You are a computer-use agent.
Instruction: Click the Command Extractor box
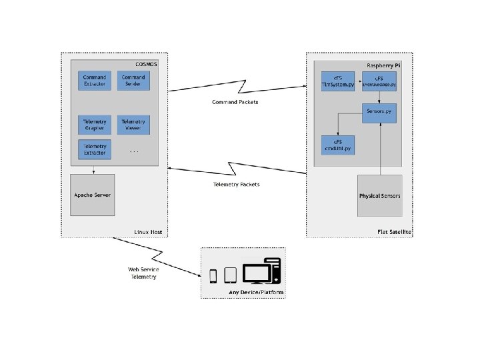95,81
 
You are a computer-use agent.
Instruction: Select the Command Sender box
133,81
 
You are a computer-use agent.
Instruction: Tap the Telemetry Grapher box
95,125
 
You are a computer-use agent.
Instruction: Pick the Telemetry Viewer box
133,125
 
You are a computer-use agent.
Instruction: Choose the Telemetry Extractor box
95,149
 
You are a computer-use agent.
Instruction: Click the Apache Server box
93,195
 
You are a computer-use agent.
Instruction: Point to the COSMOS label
146,63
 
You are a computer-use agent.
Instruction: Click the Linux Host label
147,232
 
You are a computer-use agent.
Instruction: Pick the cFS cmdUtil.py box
339,144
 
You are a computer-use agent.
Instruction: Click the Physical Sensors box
380,196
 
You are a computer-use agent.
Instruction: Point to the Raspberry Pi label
383,65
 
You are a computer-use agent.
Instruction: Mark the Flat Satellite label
393,232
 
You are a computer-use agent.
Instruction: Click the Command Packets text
234,102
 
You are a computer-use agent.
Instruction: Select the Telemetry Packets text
236,184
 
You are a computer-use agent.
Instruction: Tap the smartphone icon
214,276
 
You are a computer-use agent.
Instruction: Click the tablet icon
230,275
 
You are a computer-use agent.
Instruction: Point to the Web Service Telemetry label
143,273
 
